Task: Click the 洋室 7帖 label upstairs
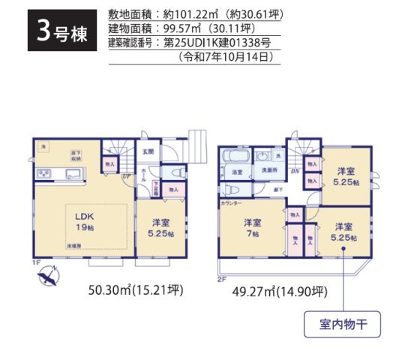coord(251,227)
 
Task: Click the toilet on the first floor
coord(177,172)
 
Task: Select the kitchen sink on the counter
coord(74,174)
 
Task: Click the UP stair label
coord(124,178)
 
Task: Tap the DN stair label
coord(295,172)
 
